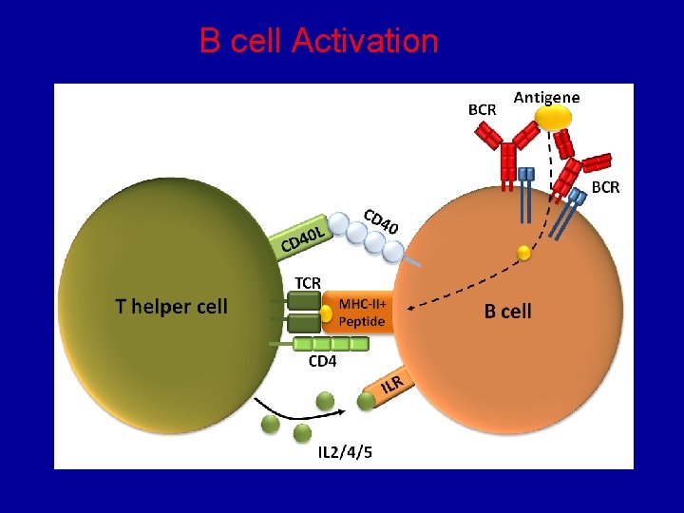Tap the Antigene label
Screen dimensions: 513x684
546,97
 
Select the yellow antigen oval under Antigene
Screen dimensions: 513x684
553,118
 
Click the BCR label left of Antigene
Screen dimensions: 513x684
482,109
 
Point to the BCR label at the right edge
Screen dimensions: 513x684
605,187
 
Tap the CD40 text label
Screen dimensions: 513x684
382,220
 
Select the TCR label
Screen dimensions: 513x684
308,282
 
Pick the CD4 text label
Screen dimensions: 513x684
322,361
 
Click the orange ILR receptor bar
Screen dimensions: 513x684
391,385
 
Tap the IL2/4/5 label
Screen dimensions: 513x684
345,451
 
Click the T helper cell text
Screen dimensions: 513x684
171,306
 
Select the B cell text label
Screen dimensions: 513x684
507,312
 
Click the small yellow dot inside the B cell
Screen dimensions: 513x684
523,252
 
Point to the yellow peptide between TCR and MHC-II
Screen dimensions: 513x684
326,313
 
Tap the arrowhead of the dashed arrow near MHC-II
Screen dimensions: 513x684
414,305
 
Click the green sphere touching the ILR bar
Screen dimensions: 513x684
367,401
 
